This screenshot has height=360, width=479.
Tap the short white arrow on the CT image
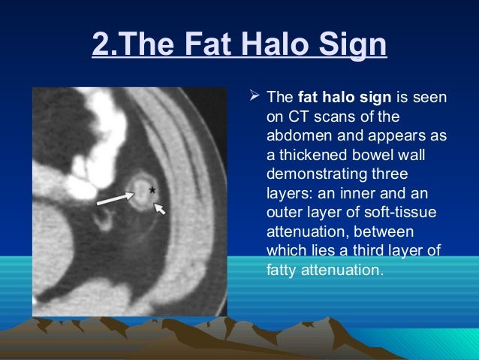point(160,206)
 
